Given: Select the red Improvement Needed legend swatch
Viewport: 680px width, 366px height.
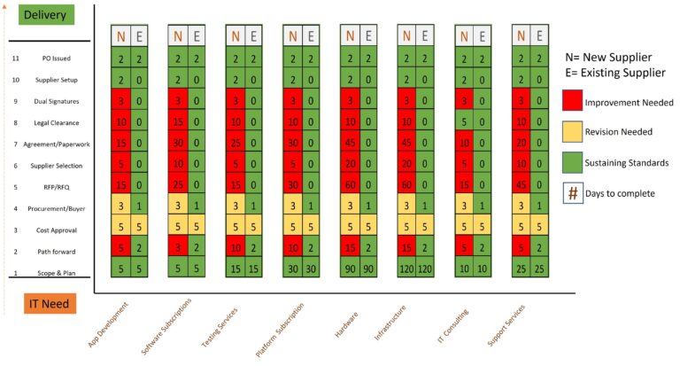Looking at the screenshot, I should (572, 102).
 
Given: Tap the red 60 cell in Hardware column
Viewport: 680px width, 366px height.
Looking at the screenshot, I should (350, 187).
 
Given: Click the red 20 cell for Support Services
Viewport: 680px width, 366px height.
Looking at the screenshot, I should (522, 144).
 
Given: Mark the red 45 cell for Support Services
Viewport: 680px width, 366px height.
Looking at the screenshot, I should (522, 187).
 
